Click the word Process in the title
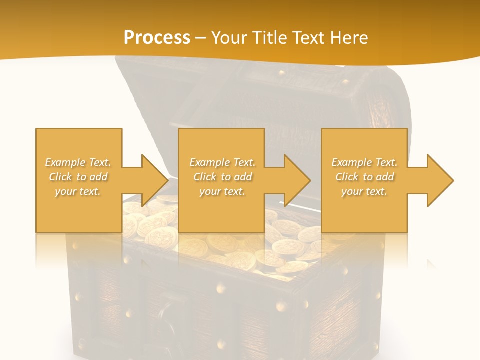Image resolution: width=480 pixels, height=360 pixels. (157, 37)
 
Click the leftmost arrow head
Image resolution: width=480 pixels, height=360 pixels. (153, 180)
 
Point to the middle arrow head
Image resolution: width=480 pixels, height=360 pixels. (296, 180)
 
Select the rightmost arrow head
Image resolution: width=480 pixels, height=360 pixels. (439, 180)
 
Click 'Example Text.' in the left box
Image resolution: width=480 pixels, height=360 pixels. (78, 162)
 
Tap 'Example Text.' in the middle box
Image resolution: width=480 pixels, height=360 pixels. (222, 162)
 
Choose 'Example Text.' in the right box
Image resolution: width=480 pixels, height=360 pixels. (364, 162)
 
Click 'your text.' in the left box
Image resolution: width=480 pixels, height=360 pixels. (78, 191)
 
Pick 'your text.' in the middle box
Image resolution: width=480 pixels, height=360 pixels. (222, 191)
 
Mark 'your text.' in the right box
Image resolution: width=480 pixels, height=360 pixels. (364, 191)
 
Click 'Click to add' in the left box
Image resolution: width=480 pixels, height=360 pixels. (78, 177)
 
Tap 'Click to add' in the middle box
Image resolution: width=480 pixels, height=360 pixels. (222, 177)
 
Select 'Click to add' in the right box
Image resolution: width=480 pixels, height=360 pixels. (364, 177)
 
